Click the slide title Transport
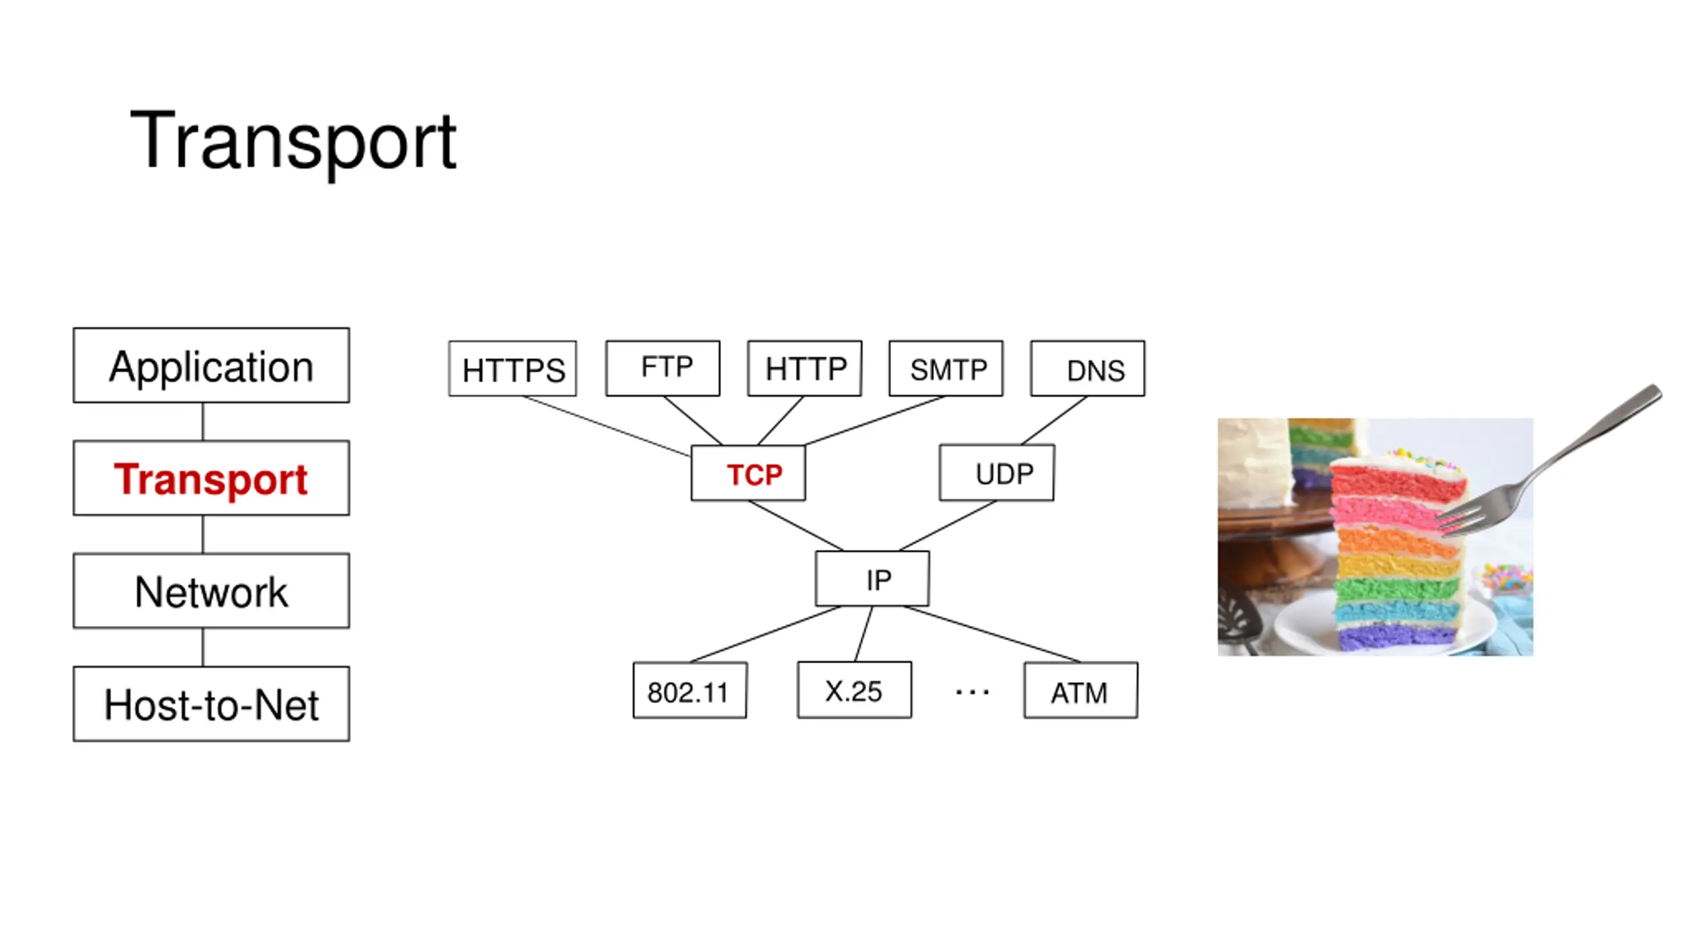pyautogui.click(x=293, y=141)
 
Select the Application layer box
pyautogui.click(x=211, y=365)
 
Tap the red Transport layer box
pyautogui.click(x=211, y=478)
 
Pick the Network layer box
pyautogui.click(x=211, y=590)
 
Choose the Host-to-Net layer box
pyautogui.click(x=211, y=703)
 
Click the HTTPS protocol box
pyautogui.click(x=512, y=369)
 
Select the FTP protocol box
pyautogui.click(x=662, y=368)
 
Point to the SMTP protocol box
pyautogui.click(x=946, y=368)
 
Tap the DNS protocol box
pyautogui.click(x=1087, y=368)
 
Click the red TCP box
pyautogui.click(x=748, y=473)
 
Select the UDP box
pyautogui.click(x=997, y=473)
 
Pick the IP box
pyautogui.click(x=872, y=578)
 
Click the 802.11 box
pyautogui.click(x=689, y=690)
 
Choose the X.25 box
pyautogui.click(x=854, y=690)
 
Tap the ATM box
pyautogui.click(x=1081, y=690)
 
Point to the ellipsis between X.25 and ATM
pyautogui.click(x=972, y=692)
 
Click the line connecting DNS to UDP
pyautogui.click(x=1054, y=420)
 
